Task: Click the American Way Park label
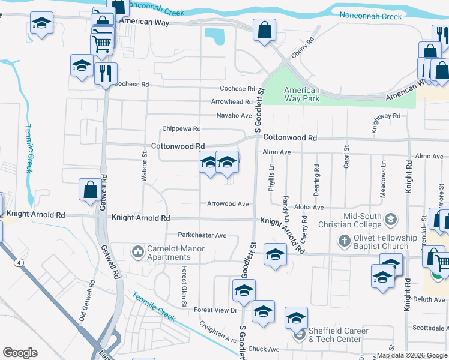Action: coord(301,94)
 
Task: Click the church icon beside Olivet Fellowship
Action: coord(345,241)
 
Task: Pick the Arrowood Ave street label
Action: coord(228,204)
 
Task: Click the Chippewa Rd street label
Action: coord(181,129)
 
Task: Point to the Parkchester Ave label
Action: coord(202,235)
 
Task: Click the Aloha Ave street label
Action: coord(309,207)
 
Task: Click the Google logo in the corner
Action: coord(20,353)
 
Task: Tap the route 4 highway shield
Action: coord(19,263)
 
